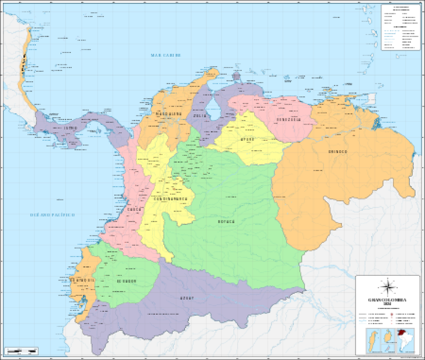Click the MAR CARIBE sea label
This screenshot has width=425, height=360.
coord(166,55)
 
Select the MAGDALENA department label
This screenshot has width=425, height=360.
coord(169,115)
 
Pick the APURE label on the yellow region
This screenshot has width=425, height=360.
coord(247,139)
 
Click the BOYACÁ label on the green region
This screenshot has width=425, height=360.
coord(226,221)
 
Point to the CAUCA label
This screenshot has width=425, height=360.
coord(133,211)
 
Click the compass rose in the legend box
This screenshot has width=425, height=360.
coord(388,286)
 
